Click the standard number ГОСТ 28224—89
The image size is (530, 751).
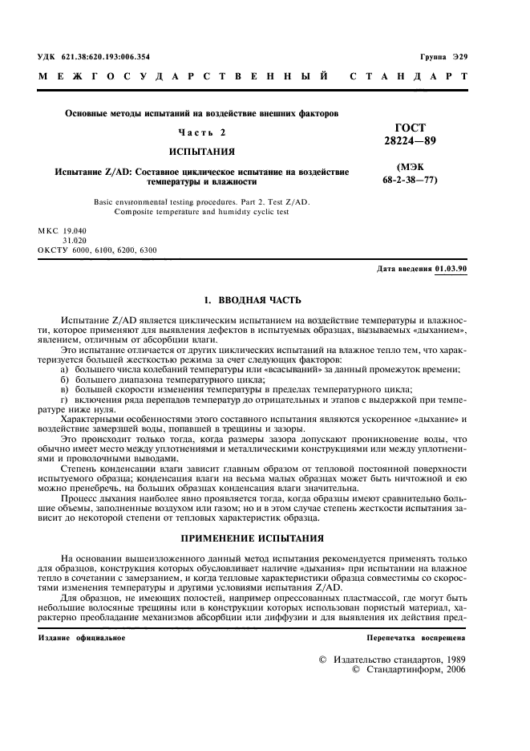411,134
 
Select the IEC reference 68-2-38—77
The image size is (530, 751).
410,181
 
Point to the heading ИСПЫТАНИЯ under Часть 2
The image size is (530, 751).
201,152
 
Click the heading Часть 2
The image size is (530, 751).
201,132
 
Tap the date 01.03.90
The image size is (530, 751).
451,269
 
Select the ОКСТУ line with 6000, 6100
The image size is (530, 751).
97,250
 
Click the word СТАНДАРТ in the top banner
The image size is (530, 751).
409,78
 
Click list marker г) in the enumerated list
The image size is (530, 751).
65,399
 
